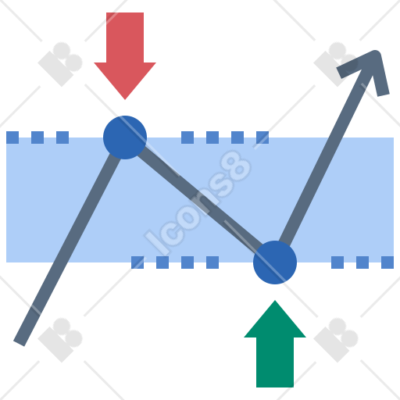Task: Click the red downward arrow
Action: point(125,52)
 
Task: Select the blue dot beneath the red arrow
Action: point(125,137)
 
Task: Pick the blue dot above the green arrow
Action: point(275,262)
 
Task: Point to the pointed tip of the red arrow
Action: point(125,99)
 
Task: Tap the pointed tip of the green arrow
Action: point(275,301)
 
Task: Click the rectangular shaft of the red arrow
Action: point(125,37)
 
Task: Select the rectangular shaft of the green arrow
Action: point(275,362)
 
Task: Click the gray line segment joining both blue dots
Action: point(200,200)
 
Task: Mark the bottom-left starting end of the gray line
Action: point(19,343)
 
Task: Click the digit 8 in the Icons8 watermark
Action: point(236,166)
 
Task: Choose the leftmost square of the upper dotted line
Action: point(12,137)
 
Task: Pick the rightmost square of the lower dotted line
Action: point(387,262)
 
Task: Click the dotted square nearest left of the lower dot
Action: point(212,262)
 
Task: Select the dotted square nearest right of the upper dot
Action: point(187,137)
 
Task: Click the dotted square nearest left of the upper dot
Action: point(62,137)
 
